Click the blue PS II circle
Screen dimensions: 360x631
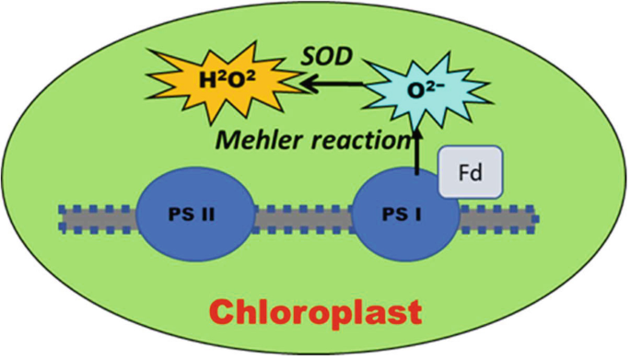195,218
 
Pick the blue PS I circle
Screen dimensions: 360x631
406,219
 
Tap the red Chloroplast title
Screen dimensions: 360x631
313,310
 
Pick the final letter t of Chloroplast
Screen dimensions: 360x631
415,311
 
